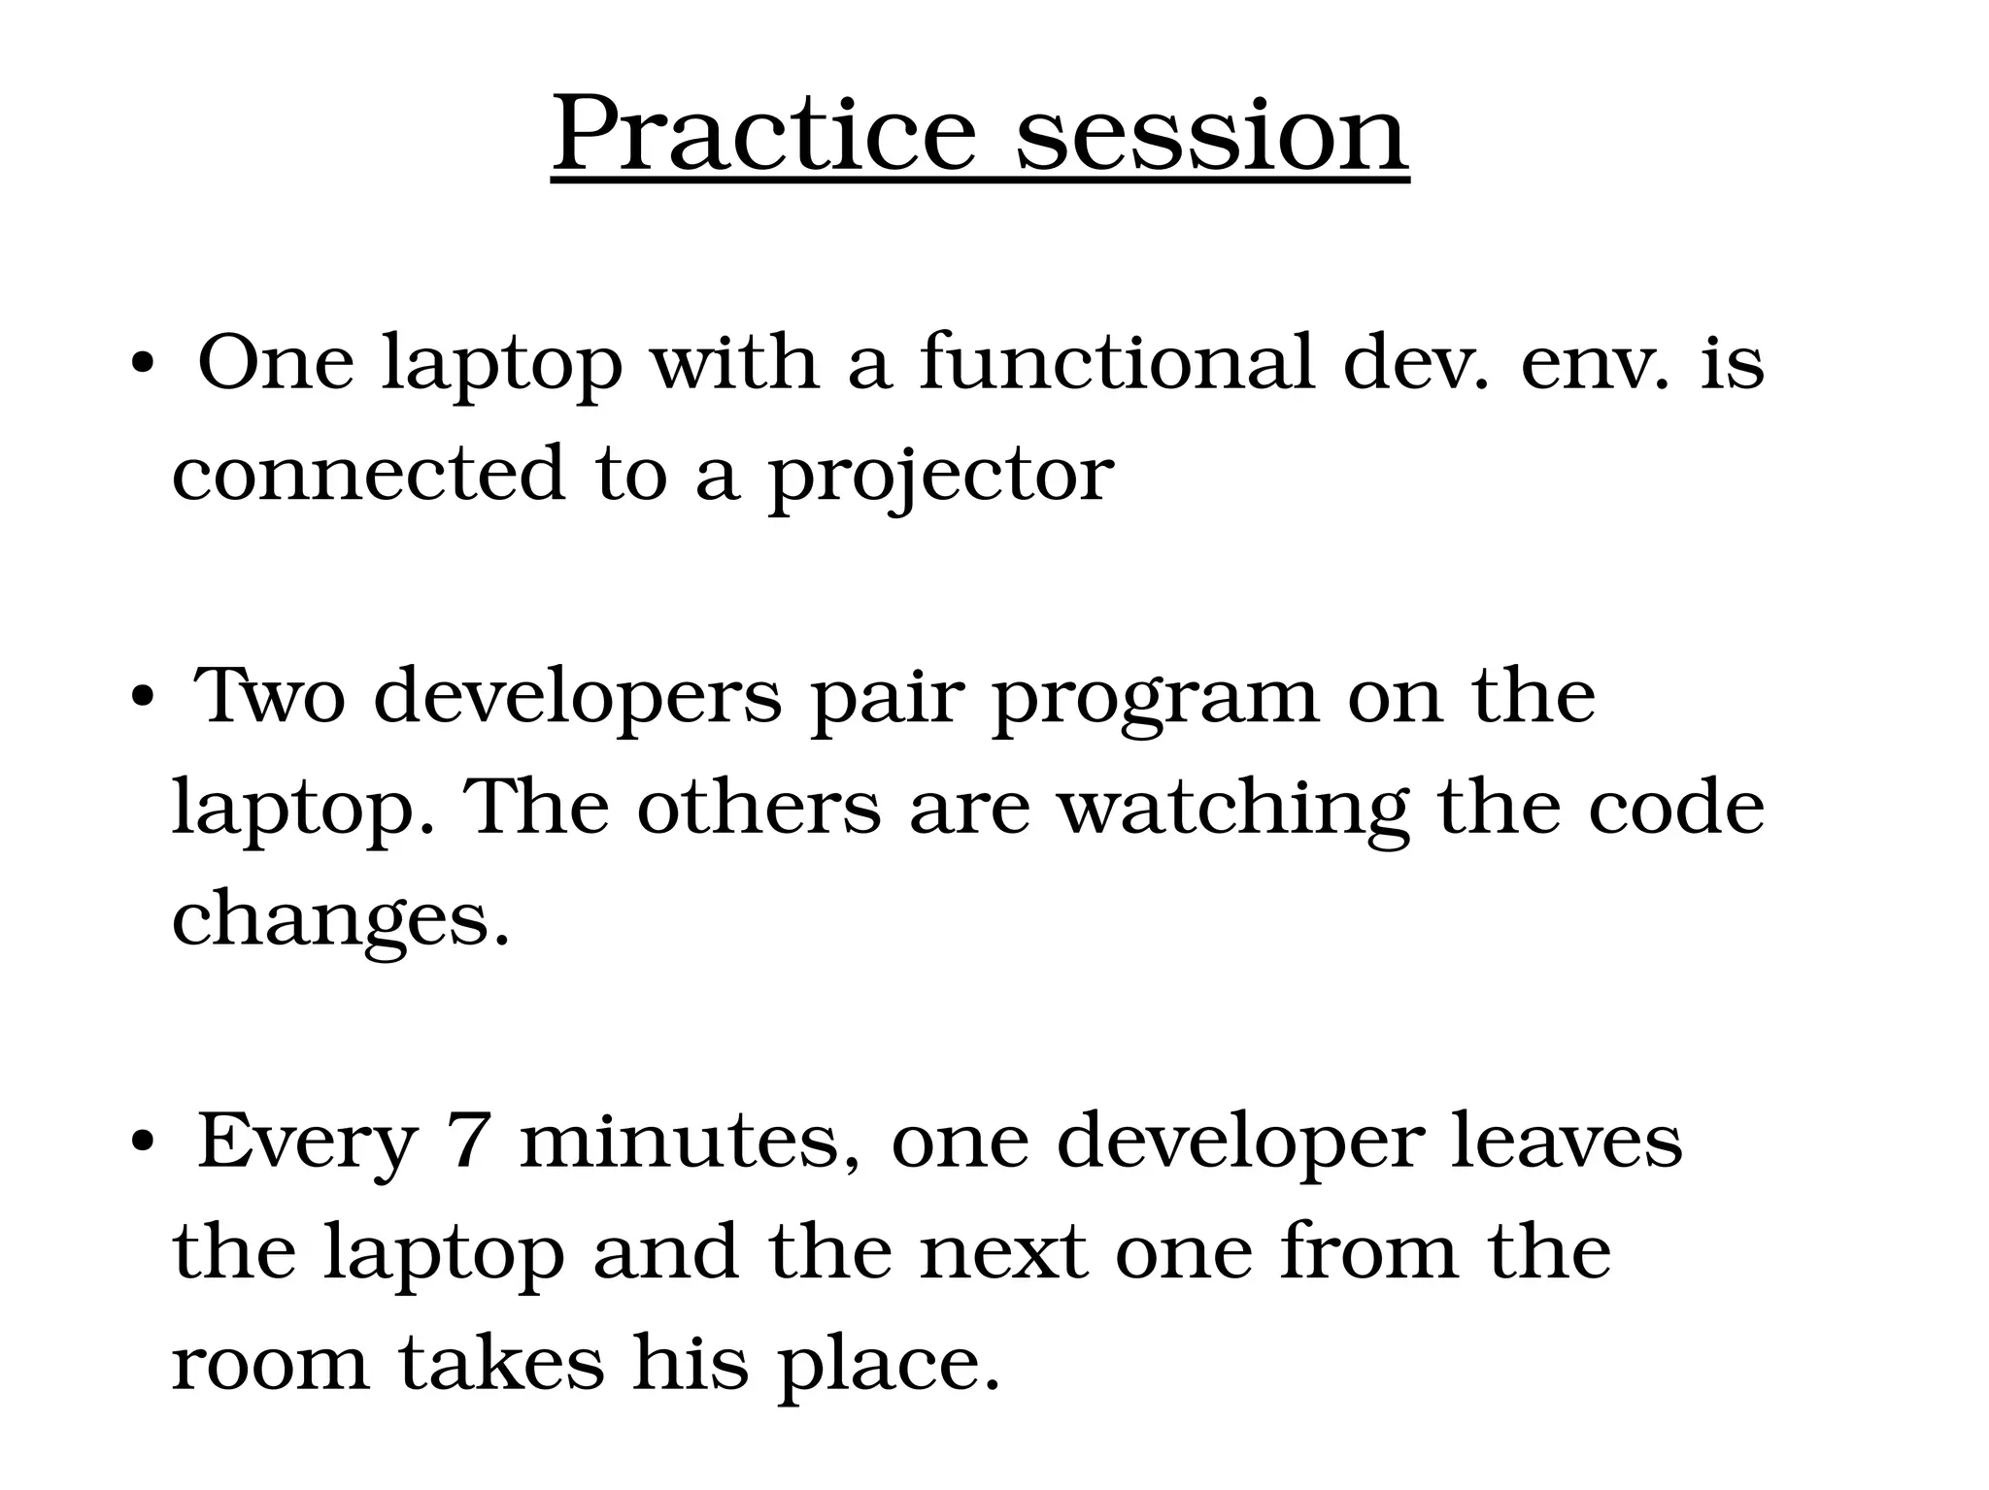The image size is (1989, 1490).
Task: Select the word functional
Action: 1116,362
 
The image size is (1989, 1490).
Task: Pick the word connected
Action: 368,474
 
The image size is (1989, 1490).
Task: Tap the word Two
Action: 270,697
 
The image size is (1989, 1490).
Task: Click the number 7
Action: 468,1142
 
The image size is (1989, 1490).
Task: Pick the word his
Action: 691,1362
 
